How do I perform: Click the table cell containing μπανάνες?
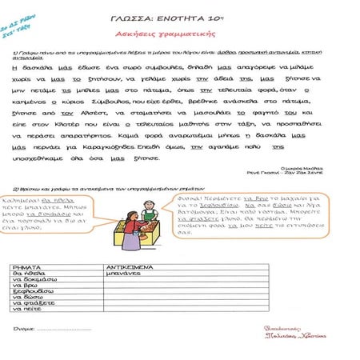[x=123, y=272]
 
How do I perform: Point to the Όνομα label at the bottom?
[x=24, y=329]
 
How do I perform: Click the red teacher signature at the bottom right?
[x=293, y=334]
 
